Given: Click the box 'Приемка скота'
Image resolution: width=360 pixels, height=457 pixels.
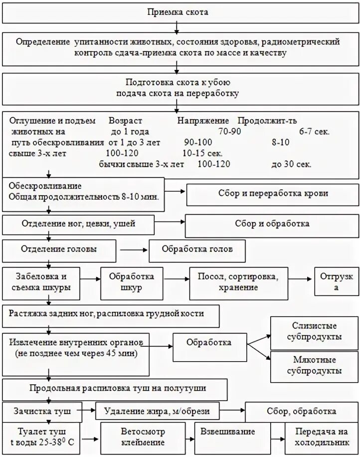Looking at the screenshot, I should pos(178,12).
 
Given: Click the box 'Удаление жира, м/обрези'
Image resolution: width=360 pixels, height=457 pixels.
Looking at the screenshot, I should pos(157,411).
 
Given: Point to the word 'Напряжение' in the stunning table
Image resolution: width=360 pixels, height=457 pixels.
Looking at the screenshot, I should pos(203,121).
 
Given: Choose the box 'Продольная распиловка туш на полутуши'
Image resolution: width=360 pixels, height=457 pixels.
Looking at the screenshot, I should pos(115,388).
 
